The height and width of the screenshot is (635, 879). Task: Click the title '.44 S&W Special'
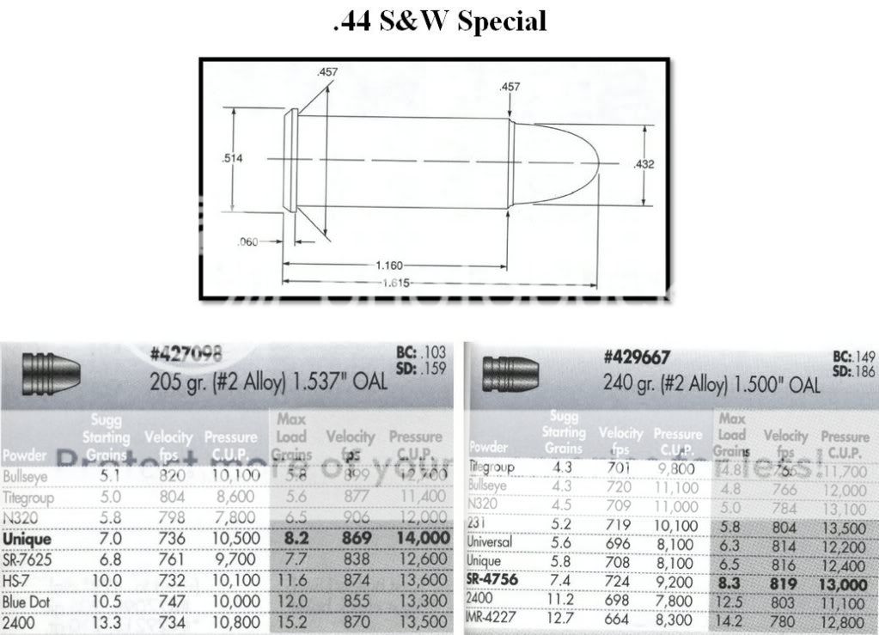[x=439, y=21]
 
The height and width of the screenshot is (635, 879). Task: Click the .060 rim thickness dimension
[x=247, y=242]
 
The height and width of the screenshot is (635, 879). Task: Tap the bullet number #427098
[x=186, y=354]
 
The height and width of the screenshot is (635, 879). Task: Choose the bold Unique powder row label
[x=27, y=539]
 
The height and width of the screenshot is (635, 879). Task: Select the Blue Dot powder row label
[x=27, y=601]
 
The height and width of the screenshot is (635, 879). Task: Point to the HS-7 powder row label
[x=19, y=581]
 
